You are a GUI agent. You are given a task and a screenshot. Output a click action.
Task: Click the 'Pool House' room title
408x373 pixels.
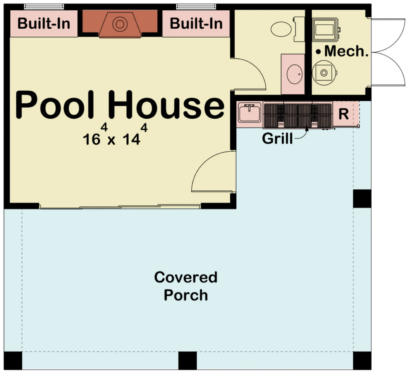click(120, 105)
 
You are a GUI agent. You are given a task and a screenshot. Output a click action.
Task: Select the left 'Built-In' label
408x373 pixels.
click(44, 23)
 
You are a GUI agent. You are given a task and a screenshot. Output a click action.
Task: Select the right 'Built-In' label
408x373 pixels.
click(196, 23)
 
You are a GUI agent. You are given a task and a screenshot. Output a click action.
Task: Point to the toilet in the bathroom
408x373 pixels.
click(285, 29)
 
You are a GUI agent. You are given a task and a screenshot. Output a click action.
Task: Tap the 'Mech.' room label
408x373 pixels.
click(342, 51)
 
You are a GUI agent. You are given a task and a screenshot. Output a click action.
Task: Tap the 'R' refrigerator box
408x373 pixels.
click(343, 114)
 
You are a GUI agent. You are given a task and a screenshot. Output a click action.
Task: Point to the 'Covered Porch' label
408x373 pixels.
click(186, 286)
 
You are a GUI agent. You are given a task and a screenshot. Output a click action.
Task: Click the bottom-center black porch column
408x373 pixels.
click(187, 360)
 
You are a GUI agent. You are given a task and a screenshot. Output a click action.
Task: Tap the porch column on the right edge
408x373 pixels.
click(362, 199)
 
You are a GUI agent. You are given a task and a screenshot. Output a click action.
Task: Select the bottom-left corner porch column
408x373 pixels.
click(13, 360)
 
